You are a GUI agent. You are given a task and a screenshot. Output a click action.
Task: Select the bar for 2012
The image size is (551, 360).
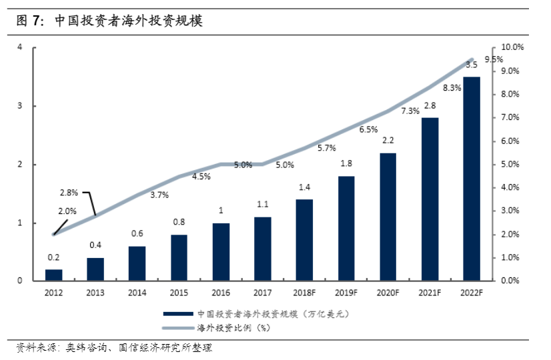click(54, 275)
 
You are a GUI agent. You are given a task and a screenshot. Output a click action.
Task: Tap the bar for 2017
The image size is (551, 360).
click(262, 249)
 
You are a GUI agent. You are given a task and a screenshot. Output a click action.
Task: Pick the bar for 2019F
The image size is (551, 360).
click(346, 228)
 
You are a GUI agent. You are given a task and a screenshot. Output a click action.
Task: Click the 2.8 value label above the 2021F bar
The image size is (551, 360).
click(430, 105)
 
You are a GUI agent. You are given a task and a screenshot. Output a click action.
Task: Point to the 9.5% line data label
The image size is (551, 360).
click(494, 59)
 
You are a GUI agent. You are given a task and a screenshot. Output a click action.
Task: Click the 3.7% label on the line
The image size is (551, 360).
click(159, 195)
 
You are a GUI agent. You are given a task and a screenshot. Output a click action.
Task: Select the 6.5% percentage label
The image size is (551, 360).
click(368, 129)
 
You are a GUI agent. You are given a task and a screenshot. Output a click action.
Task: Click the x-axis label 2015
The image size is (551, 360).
click(179, 292)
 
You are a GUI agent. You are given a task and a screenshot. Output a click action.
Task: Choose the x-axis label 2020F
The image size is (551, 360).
click(388, 292)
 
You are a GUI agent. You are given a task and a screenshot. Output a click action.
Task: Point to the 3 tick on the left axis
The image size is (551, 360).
click(20, 106)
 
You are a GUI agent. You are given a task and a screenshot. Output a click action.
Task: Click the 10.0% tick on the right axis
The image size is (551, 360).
click(514, 47)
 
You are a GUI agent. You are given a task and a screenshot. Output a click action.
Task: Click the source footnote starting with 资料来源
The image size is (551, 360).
click(113, 348)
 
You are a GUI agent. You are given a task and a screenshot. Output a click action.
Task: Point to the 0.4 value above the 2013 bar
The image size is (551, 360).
click(95, 245)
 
